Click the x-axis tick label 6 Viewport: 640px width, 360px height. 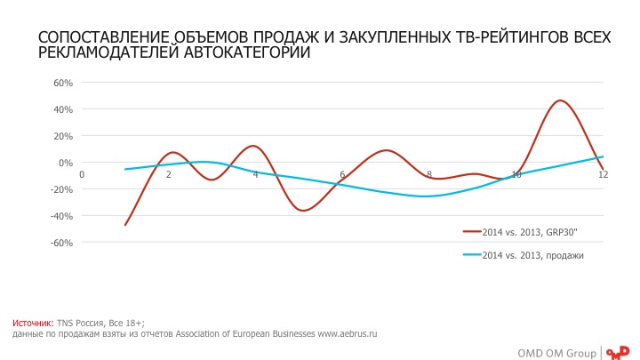(342, 174)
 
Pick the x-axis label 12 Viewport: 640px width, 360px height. (603, 174)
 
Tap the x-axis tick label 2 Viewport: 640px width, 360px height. (168, 174)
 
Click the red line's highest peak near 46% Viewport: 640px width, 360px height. (560, 100)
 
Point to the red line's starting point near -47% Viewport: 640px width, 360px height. (125, 225)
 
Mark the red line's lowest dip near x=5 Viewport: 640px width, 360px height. (304, 211)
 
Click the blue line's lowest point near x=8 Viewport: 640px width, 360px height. (429, 196)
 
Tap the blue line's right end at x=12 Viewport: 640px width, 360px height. (603, 157)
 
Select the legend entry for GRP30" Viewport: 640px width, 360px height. (533, 231)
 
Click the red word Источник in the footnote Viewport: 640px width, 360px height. (33, 323)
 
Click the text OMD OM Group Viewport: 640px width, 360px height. (556, 352)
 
